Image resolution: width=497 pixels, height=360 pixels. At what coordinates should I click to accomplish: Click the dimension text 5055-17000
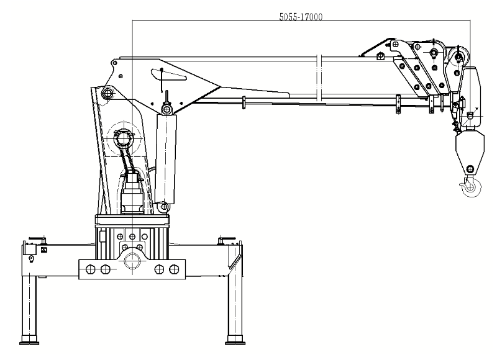[x=301, y=17]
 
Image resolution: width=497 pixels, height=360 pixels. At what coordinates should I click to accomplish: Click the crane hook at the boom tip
[x=470, y=187]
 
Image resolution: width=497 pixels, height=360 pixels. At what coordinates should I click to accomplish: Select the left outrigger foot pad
[x=29, y=342]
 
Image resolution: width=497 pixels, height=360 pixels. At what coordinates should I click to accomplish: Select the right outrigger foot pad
[x=235, y=342]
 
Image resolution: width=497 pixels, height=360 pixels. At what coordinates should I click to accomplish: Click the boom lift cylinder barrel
[x=165, y=158]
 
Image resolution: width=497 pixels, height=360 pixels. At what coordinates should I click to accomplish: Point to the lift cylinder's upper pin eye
[x=166, y=109]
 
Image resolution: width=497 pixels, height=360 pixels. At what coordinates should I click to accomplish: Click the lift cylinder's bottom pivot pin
[x=164, y=207]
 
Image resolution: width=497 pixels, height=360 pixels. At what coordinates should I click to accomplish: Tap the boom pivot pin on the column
[x=107, y=94]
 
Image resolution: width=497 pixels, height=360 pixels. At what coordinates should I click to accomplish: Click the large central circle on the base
[x=132, y=261]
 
